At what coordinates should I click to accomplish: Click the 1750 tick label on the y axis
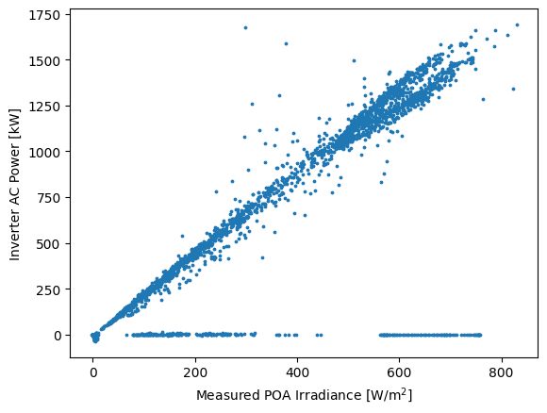44,15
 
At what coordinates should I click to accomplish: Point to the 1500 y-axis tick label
44,61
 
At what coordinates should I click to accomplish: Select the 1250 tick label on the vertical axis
44,107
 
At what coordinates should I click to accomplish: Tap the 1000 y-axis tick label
44,153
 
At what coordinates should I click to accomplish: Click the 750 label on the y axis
48,198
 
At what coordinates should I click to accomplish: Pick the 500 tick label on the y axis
48,244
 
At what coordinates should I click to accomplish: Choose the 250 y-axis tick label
48,289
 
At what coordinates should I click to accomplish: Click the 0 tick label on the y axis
57,336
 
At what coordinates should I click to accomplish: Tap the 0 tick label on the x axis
93,372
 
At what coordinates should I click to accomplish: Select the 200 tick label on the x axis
195,372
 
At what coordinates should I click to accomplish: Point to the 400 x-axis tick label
298,372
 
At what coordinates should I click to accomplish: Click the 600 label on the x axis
400,372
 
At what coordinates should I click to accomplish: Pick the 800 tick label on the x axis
502,372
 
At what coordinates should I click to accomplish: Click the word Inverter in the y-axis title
14,235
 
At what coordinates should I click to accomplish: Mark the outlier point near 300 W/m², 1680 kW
245,27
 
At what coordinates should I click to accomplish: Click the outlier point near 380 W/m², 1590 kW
286,43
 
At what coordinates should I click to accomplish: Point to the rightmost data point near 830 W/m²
518,25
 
